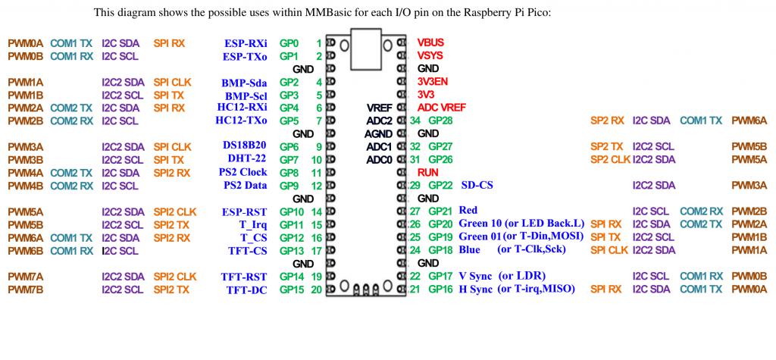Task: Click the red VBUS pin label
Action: tap(430, 43)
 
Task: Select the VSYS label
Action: tap(430, 56)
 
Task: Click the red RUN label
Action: tap(427, 172)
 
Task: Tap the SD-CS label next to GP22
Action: tap(477, 185)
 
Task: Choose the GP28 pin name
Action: tap(440, 121)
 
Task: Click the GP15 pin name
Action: tap(292, 289)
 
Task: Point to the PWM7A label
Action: tap(25, 276)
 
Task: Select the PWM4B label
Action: tap(25, 185)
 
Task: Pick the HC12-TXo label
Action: tap(241, 120)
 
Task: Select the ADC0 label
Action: tap(379, 159)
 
